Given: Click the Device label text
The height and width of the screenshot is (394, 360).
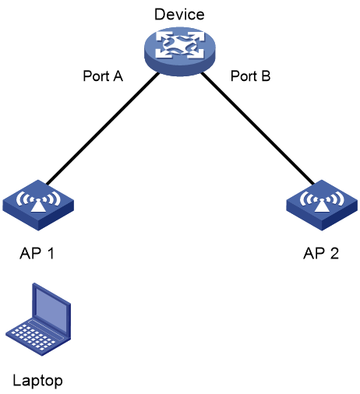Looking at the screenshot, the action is (x=179, y=14).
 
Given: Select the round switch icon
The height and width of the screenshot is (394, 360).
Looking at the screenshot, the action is (x=180, y=51).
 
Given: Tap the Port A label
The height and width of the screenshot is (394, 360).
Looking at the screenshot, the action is (x=103, y=76).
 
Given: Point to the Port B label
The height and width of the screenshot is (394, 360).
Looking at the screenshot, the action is (x=251, y=76).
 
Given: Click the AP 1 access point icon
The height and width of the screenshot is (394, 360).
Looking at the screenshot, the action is (x=38, y=205).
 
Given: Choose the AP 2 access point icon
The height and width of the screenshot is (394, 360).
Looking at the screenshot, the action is (x=322, y=205).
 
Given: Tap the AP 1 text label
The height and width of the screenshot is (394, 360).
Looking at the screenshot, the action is (x=37, y=253).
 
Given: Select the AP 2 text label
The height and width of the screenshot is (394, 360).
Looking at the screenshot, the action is (x=321, y=253).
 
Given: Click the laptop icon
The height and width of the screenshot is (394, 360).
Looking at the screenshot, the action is (x=38, y=319).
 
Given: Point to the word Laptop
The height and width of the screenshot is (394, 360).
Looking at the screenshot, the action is (x=37, y=382).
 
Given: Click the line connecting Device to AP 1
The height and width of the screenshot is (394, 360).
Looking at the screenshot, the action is (x=103, y=128).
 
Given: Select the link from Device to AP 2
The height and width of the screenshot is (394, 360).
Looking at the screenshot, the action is (x=258, y=128).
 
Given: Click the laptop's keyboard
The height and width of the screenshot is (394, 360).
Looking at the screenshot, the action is (x=35, y=337).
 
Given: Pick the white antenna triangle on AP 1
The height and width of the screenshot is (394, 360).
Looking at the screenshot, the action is (x=38, y=206).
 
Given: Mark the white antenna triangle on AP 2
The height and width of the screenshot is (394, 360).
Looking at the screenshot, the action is (x=322, y=206).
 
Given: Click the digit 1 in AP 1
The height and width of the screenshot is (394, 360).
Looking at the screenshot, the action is (x=51, y=253).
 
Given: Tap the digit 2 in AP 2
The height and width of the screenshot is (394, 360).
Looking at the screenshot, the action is (x=334, y=253).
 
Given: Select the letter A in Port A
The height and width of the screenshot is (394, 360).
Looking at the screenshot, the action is (x=117, y=76).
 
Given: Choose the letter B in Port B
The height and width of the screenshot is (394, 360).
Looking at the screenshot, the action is (x=266, y=76).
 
